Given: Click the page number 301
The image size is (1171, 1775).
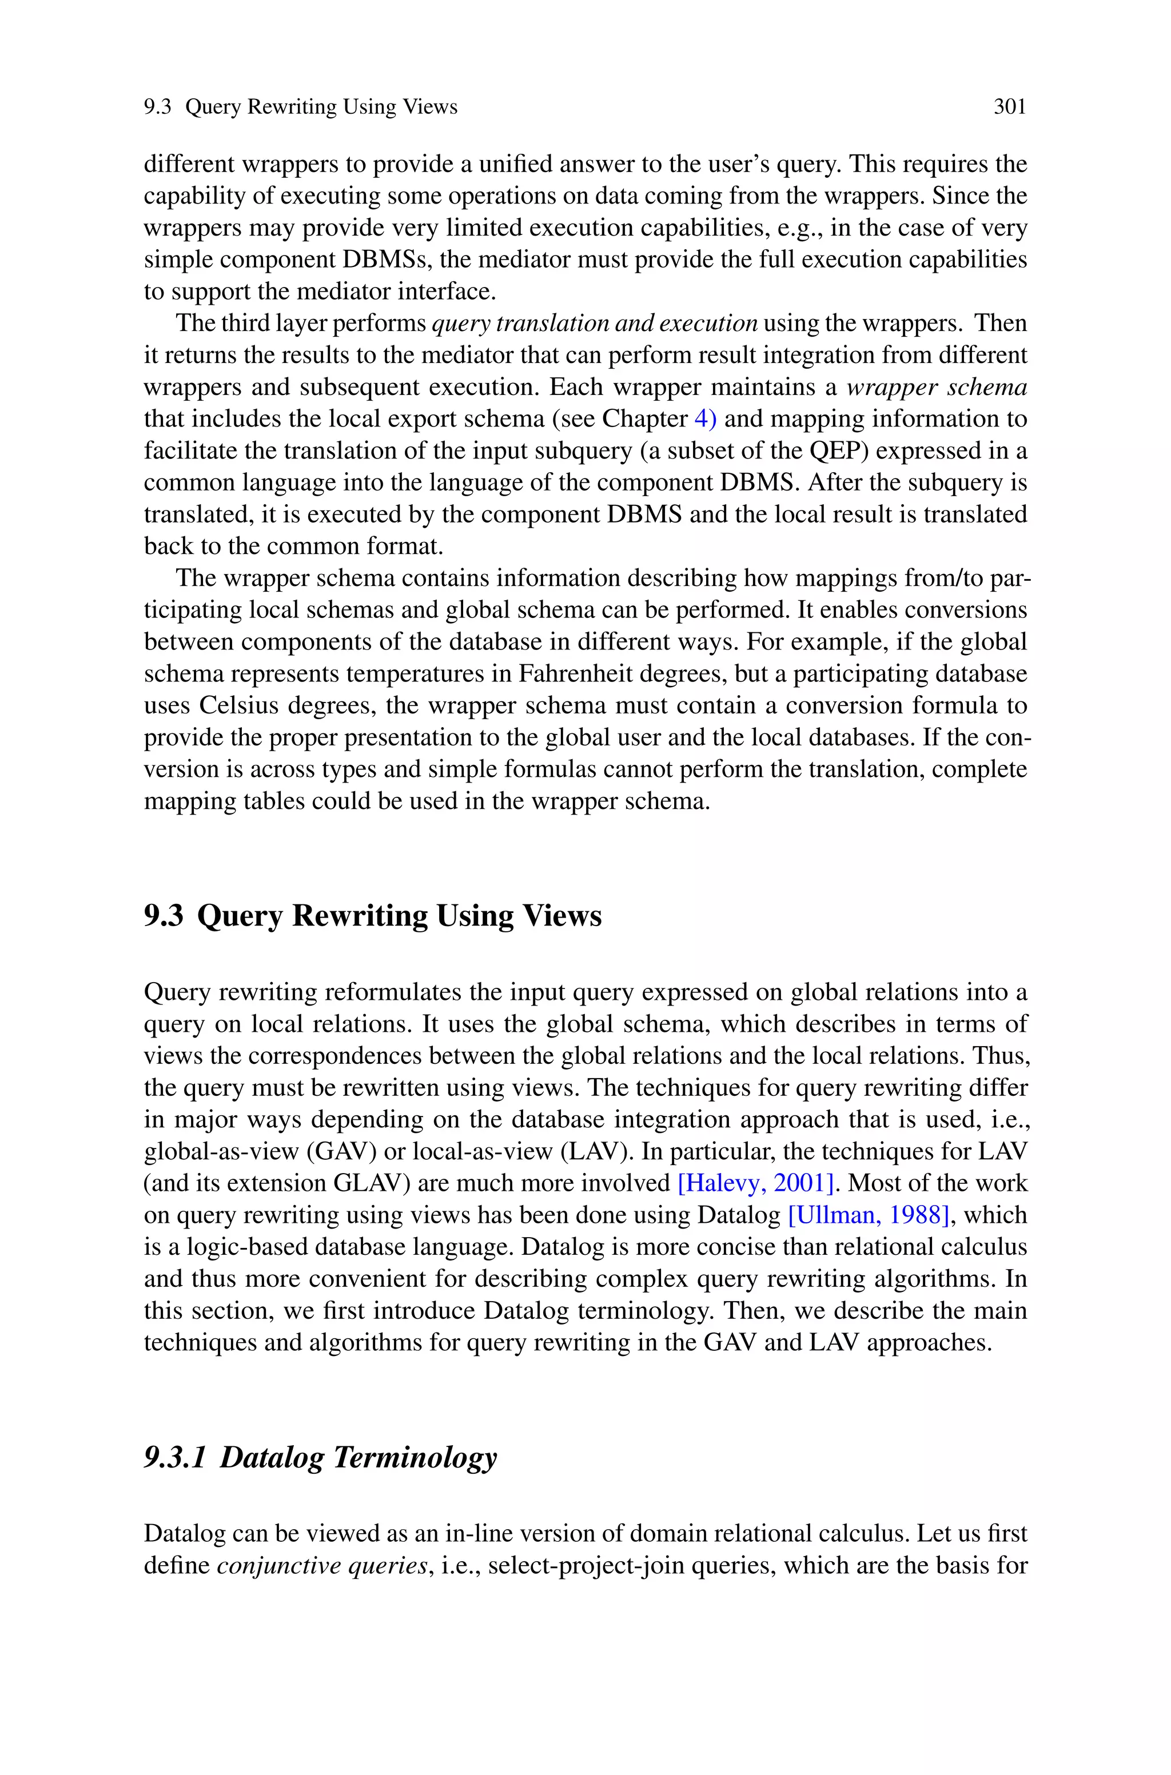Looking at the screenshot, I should coord(1010,107).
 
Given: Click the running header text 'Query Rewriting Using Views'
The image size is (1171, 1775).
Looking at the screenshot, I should coord(321,107).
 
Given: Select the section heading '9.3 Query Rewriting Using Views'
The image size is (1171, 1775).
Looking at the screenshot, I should coord(373,916).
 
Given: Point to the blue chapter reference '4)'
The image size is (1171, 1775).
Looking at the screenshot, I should coord(705,419).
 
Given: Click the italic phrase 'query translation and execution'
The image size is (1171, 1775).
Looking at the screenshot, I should coord(595,323).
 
